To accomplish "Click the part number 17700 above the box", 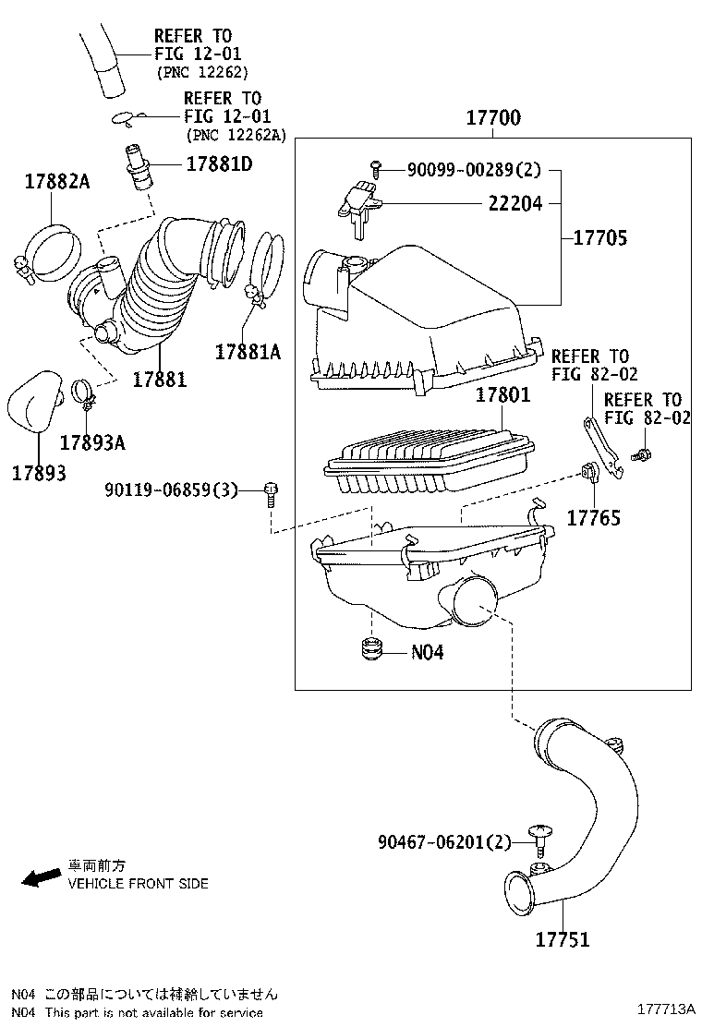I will tap(492, 118).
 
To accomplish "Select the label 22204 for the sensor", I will tap(515, 203).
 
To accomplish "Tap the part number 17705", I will tap(599, 237).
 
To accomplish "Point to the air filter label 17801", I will tap(502, 395).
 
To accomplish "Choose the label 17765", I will tap(593, 518).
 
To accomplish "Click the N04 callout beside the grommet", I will tap(427, 651).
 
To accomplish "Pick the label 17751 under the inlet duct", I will tap(562, 939).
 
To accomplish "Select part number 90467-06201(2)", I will tap(443, 842).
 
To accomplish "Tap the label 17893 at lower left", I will tap(39, 472).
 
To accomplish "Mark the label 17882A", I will tap(56, 182).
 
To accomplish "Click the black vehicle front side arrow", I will tap(42, 876).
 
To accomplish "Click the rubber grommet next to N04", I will tap(371, 649).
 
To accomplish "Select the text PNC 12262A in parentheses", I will tap(236, 135).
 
